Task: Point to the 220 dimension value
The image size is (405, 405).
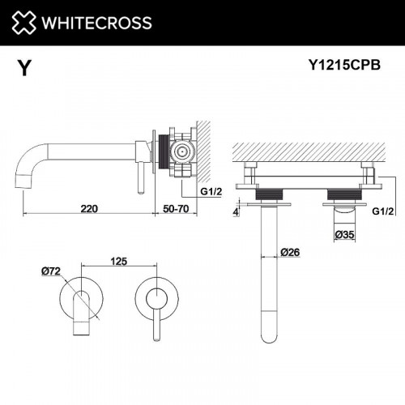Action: tap(89, 208)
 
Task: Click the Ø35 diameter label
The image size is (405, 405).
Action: tap(346, 235)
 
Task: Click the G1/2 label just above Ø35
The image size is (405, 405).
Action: tap(384, 212)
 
